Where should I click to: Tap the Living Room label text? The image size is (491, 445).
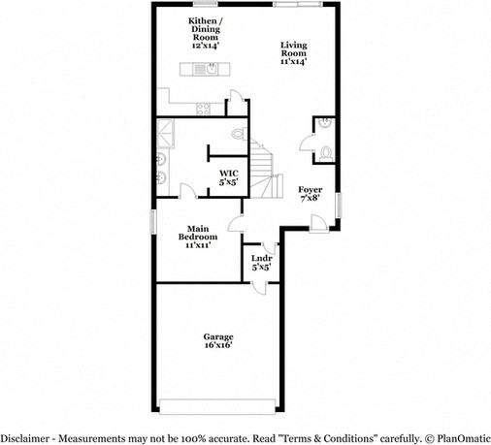click(293, 52)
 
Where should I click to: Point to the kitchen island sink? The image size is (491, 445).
click(206, 68)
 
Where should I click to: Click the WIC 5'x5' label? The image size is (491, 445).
click(228, 176)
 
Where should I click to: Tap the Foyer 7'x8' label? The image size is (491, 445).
click(311, 193)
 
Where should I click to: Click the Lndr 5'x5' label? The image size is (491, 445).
click(261, 263)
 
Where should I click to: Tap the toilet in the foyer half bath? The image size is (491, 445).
click(326, 152)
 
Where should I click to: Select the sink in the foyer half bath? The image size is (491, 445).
click(323, 123)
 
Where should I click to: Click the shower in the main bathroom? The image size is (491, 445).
click(165, 130)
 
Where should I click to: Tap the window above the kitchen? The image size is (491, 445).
click(203, 5)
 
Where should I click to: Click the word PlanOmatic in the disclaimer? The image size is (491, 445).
click(459, 437)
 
